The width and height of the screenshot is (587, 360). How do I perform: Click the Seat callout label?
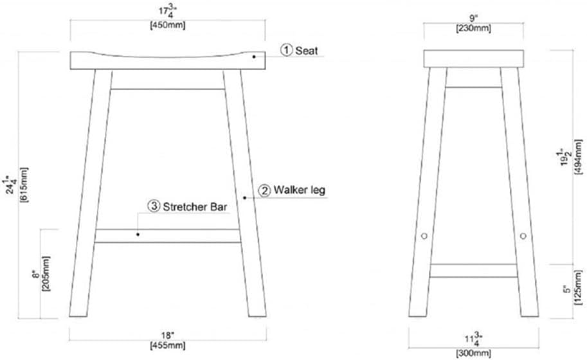[x=307, y=51]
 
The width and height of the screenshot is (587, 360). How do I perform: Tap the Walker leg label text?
[x=299, y=190]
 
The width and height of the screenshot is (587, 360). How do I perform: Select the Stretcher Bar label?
[x=195, y=206]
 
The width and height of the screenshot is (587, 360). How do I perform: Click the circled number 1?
[x=287, y=50]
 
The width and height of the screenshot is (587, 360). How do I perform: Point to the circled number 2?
[x=264, y=191]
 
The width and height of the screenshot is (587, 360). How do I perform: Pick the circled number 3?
[x=154, y=206]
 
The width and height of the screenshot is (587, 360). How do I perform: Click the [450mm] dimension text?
[x=167, y=26]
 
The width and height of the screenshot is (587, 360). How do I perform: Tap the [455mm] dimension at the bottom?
[x=167, y=345]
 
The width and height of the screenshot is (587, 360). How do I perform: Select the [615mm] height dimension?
[x=24, y=185]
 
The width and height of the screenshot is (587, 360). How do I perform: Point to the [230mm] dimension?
[x=473, y=28]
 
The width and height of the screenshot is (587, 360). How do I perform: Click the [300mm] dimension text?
[x=473, y=354]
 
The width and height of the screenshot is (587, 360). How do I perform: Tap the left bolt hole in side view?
[x=424, y=236]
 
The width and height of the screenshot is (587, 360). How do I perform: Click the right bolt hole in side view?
[x=523, y=236]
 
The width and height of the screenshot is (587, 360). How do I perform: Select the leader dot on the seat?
[x=254, y=57]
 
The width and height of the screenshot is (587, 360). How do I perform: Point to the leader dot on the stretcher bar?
[x=138, y=235]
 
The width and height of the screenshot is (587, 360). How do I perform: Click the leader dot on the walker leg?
[x=245, y=197]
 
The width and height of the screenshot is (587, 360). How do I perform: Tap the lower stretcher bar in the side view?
[x=474, y=271]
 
